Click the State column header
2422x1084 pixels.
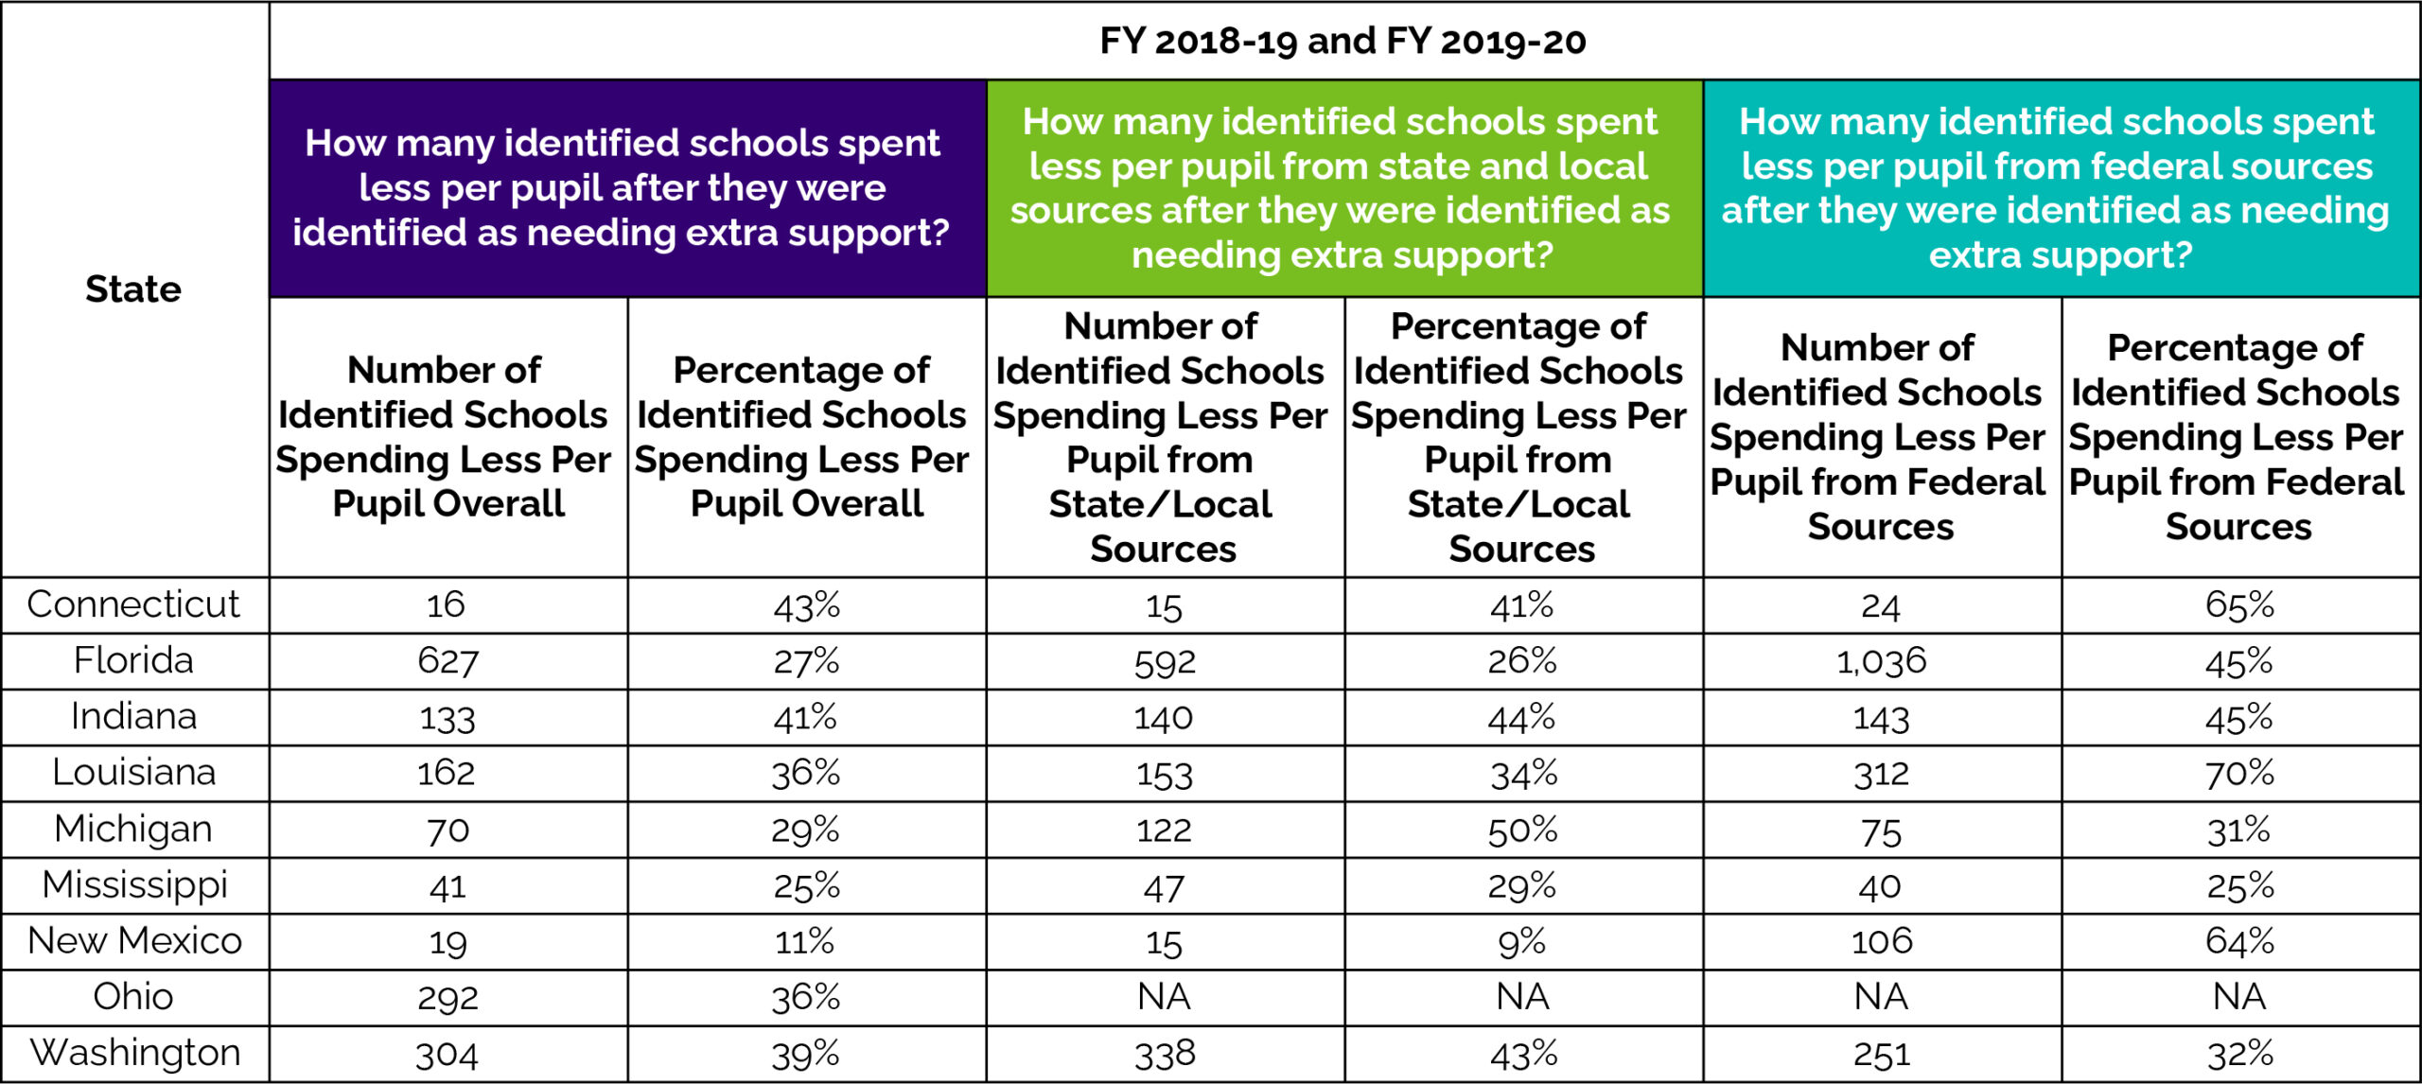[x=133, y=288]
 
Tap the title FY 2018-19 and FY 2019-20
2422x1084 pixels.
[x=1343, y=41]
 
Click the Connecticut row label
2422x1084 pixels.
[x=133, y=604]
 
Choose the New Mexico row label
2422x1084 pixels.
[x=134, y=940]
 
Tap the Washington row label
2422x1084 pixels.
[x=134, y=1053]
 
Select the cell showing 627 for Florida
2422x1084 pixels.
[x=448, y=661]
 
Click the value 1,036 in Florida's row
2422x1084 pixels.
[x=1881, y=661]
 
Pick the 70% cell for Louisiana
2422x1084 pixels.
[x=2239, y=773]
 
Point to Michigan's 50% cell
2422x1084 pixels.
[x=1522, y=830]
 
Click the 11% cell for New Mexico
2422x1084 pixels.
[x=805, y=941]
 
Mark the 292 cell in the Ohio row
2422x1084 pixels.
[x=448, y=997]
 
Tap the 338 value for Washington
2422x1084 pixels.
[x=1165, y=1054]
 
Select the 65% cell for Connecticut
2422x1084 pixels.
[x=2239, y=604]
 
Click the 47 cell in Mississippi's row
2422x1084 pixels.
[x=1164, y=886]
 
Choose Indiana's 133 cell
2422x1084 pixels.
[x=448, y=717]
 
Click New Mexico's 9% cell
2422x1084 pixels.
[x=1522, y=941]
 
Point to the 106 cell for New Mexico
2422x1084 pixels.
[x=1881, y=941]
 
